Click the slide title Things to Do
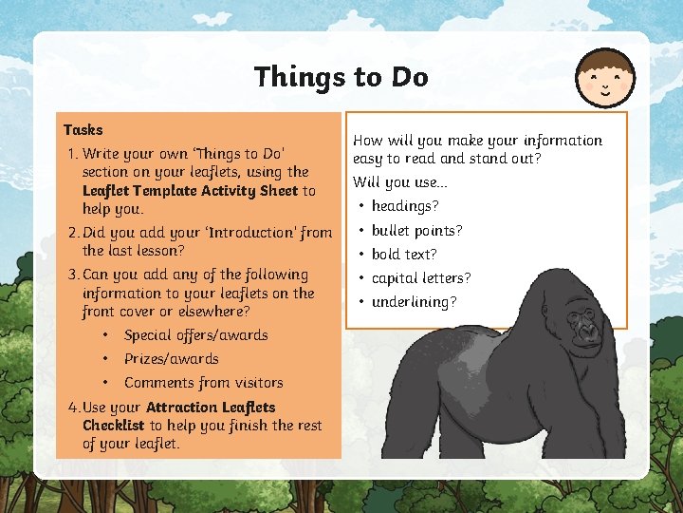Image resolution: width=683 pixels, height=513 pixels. pyautogui.click(x=341, y=77)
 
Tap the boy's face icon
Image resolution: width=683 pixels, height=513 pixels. pyautogui.click(x=607, y=78)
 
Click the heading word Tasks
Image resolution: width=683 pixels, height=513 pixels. pyautogui.click(x=83, y=129)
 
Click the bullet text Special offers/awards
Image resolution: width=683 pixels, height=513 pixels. pyautogui.click(x=195, y=334)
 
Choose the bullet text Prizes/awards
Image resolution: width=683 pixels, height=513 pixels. pyautogui.click(x=171, y=358)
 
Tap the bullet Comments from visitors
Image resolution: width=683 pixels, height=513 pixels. pyautogui.click(x=203, y=382)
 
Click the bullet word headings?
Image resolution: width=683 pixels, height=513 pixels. pyautogui.click(x=405, y=205)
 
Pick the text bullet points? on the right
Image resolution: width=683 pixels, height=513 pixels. pyautogui.click(x=416, y=230)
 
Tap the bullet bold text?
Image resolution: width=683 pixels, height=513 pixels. pyautogui.click(x=404, y=254)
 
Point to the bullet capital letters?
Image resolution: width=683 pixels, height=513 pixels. pyautogui.click(x=421, y=277)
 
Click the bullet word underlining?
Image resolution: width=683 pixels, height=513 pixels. pyautogui.click(x=414, y=301)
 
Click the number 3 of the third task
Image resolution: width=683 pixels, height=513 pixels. pyautogui.click(x=72, y=275)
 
